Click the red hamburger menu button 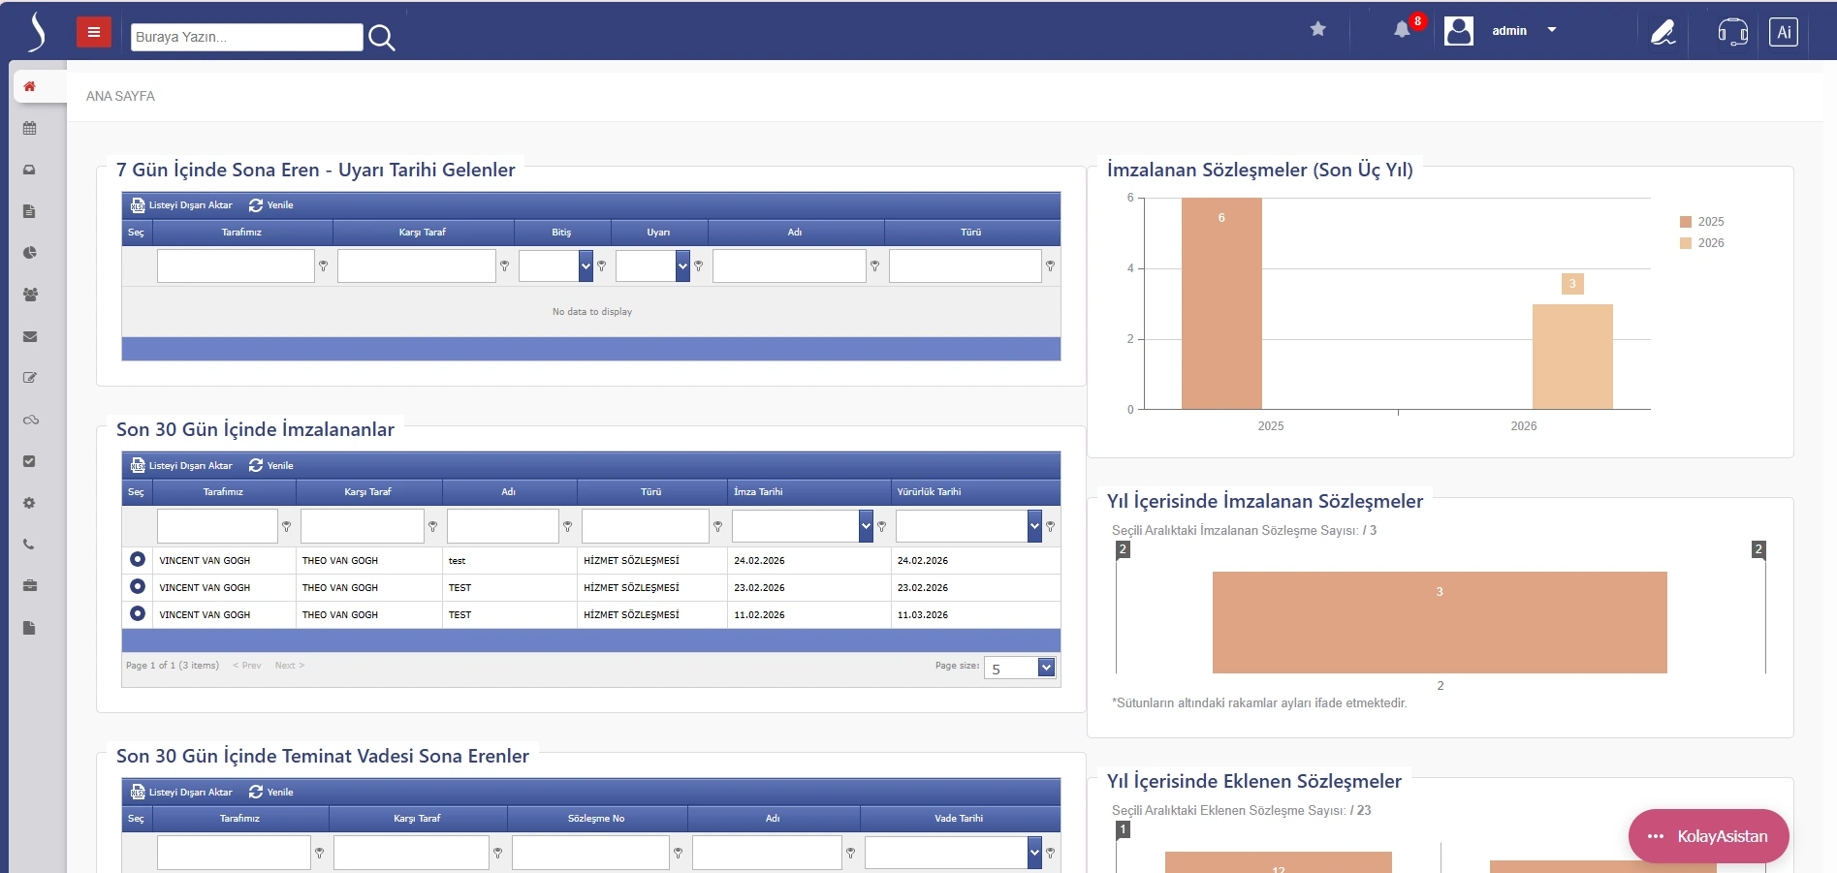tap(94, 33)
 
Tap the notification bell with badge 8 tap(1402, 30)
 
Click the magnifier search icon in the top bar tap(382, 38)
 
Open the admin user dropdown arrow tap(1552, 30)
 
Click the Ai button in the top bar tap(1784, 32)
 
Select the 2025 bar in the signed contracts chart tap(1221, 303)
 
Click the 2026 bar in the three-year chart tap(1572, 356)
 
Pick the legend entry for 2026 tap(1702, 243)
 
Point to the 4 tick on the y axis tap(1130, 268)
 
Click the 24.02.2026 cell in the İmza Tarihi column tap(760, 561)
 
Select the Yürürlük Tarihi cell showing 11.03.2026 tap(923, 615)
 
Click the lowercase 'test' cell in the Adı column tap(458, 561)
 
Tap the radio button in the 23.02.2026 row tap(138, 586)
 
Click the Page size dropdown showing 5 tap(1020, 668)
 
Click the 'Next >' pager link tap(290, 666)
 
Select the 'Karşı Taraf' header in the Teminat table tap(417, 819)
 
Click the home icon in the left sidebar tap(30, 86)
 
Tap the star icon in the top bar tap(1318, 29)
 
